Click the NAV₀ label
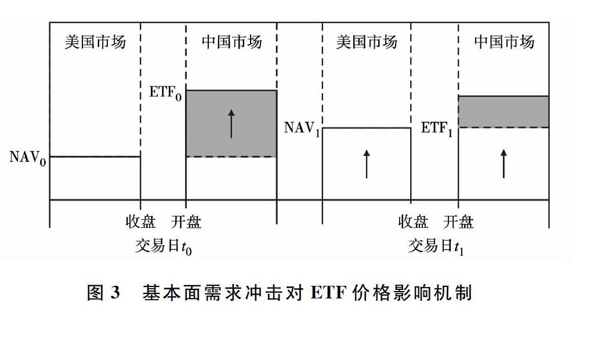click(x=28, y=158)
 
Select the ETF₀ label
click(x=165, y=93)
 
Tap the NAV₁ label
click(x=302, y=129)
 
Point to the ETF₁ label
click(x=437, y=129)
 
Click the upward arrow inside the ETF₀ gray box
click(x=231, y=123)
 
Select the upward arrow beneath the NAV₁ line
click(x=367, y=164)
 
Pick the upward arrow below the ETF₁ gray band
click(x=504, y=163)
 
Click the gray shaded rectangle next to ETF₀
click(x=231, y=123)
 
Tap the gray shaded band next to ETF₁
click(x=504, y=112)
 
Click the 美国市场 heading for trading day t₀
click(x=95, y=42)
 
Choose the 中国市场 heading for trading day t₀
click(x=231, y=42)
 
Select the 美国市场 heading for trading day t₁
click(x=367, y=42)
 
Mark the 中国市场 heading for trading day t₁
click(x=504, y=42)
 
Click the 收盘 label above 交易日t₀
click(x=140, y=221)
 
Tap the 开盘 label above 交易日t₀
click(x=186, y=221)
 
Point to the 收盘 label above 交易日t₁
click(x=413, y=221)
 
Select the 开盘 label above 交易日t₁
click(x=458, y=221)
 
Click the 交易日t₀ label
click(x=164, y=246)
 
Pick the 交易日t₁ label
click(x=436, y=246)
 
